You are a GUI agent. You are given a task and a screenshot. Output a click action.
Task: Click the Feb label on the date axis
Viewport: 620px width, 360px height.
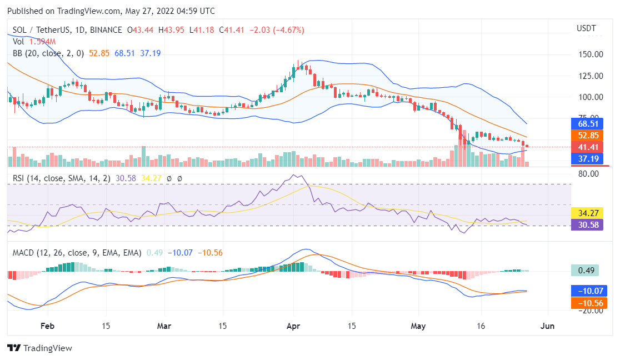click(x=48, y=326)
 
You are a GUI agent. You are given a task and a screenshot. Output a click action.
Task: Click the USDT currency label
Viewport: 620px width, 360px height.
click(x=586, y=28)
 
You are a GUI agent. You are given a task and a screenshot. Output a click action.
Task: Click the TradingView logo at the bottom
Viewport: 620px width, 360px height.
click(x=40, y=348)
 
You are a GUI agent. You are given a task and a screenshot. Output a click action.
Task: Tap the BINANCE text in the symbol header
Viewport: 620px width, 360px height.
click(x=104, y=30)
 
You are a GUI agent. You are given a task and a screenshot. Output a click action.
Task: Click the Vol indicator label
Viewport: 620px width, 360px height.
click(x=18, y=42)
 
